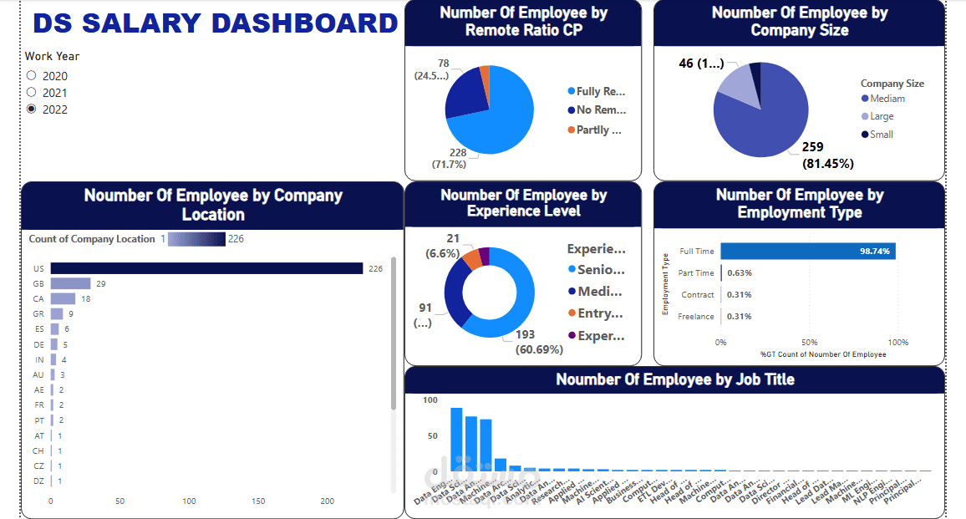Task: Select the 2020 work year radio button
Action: tap(32, 76)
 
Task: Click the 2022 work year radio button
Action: tap(32, 109)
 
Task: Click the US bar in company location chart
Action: tap(206, 268)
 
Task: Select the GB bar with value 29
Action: tap(70, 284)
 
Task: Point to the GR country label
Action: tap(38, 314)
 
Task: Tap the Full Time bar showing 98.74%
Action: tap(807, 251)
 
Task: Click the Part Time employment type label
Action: tap(696, 273)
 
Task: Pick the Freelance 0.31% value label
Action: tap(739, 317)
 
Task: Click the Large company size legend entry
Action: tap(881, 116)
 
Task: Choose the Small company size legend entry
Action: tap(881, 135)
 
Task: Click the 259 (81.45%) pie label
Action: tap(827, 155)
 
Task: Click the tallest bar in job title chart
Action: tap(456, 439)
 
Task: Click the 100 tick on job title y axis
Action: tap(430, 400)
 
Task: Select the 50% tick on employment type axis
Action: tap(809, 343)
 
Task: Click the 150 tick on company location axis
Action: tap(258, 501)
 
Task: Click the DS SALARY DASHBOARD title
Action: tap(215, 23)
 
